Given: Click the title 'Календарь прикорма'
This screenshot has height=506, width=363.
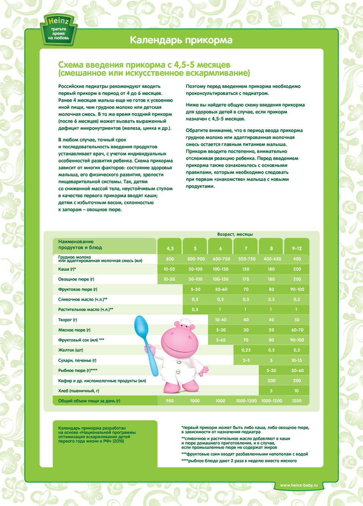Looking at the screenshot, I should [181, 40].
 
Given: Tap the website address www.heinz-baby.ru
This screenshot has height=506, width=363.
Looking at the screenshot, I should [299, 485].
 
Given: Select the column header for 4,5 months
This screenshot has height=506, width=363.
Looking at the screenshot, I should [170, 248].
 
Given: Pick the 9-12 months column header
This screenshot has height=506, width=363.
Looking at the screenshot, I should [297, 248].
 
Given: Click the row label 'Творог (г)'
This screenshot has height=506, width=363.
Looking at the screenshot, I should [68, 320].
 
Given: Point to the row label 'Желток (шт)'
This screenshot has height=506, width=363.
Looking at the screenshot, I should [71, 350].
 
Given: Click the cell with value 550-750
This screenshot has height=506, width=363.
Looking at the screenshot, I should [247, 259].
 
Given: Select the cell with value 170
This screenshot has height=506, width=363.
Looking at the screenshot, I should [246, 279].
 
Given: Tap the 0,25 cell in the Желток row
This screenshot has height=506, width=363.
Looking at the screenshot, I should [246, 350].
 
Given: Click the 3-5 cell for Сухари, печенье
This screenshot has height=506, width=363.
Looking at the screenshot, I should [246, 360].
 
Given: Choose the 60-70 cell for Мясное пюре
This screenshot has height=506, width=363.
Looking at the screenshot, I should [297, 330].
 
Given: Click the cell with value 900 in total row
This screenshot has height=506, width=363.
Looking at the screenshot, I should [170, 401].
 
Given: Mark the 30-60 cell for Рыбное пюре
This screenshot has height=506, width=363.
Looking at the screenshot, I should [297, 370].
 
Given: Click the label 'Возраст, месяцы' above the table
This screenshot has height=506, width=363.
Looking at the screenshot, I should [235, 234].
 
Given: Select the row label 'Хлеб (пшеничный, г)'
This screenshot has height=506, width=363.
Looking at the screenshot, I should [79, 390].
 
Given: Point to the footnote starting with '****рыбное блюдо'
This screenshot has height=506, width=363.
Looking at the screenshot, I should [239, 461].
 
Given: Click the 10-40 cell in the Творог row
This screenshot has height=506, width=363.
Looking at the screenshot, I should [220, 320].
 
